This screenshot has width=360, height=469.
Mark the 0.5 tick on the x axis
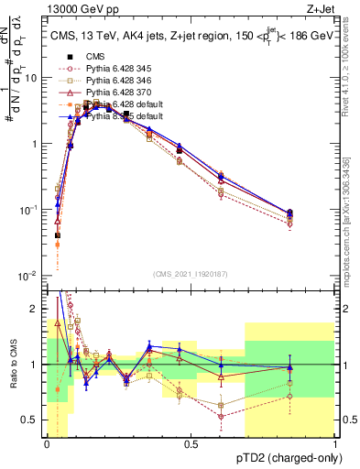click(191, 443)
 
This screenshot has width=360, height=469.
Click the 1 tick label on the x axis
click(334, 443)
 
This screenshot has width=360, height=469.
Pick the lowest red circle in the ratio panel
click(222, 417)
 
